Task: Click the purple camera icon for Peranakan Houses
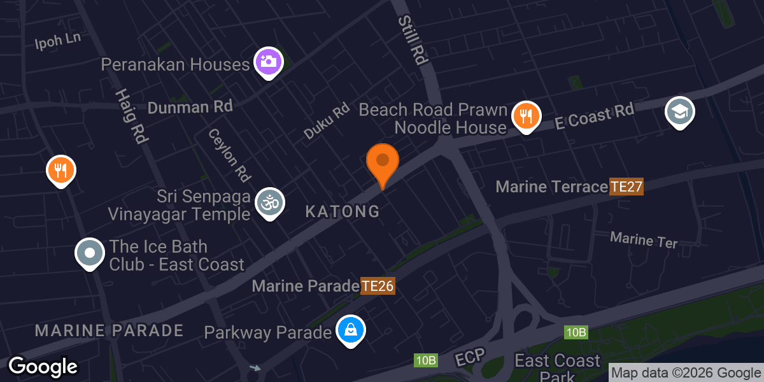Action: click(269, 62)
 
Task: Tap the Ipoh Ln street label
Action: click(58, 40)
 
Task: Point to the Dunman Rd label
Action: click(190, 107)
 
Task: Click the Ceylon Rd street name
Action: click(229, 155)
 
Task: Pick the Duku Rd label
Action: click(326, 122)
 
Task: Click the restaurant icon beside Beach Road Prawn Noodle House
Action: click(526, 116)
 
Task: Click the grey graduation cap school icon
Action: click(679, 112)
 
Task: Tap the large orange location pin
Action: click(383, 162)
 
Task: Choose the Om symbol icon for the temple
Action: click(269, 203)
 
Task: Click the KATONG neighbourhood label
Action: click(343, 211)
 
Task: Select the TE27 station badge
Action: click(626, 187)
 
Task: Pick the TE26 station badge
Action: click(378, 286)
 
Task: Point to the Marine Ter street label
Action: click(644, 239)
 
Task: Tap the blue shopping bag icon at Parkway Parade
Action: click(351, 330)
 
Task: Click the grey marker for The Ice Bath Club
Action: click(90, 253)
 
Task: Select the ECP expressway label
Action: click(470, 357)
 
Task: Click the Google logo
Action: click(43, 367)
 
